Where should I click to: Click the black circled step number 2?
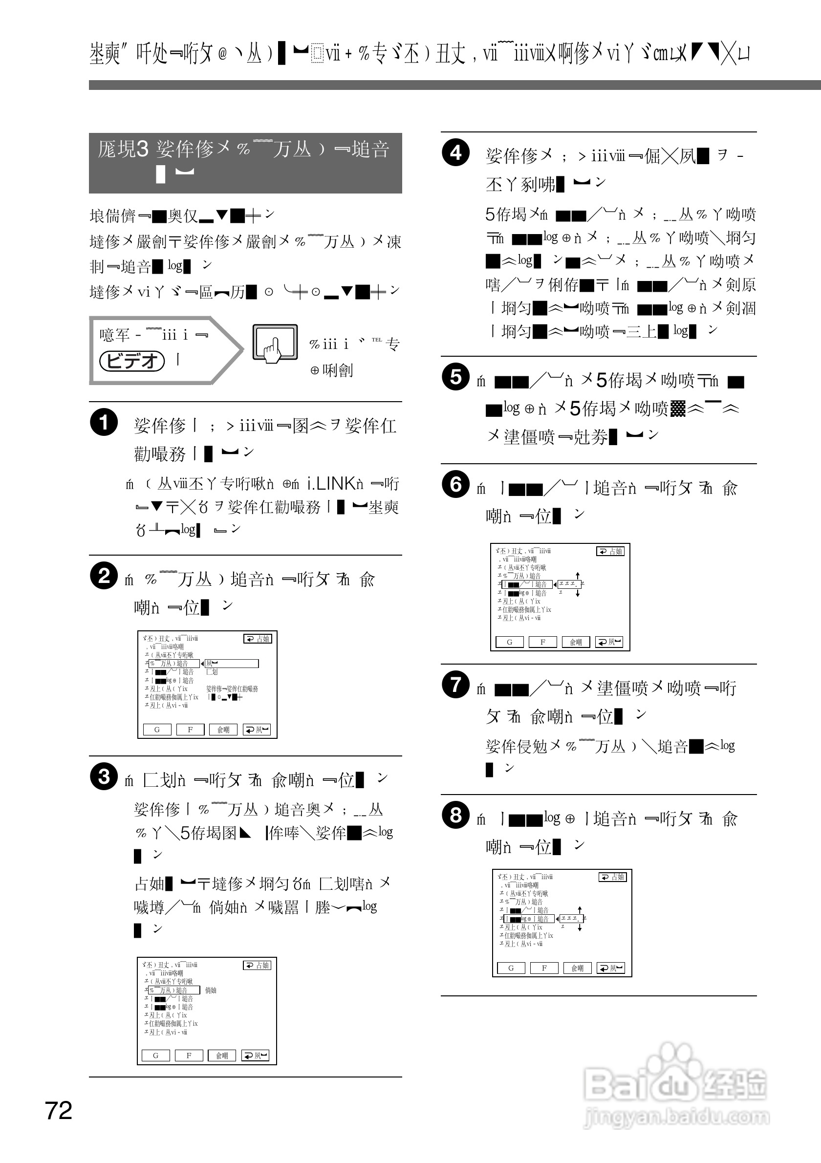pyautogui.click(x=104, y=576)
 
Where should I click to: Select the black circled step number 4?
pyautogui.click(x=455, y=152)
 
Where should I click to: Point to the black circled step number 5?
pyautogui.click(x=455, y=377)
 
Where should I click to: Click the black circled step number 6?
pyautogui.click(x=455, y=484)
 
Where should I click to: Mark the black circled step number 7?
pyautogui.click(x=455, y=684)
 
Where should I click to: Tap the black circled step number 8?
pyautogui.click(x=455, y=815)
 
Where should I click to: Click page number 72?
pyautogui.click(x=59, y=1110)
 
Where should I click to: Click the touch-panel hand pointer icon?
pyautogui.click(x=275, y=343)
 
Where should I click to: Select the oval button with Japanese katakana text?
pyautogui.click(x=132, y=361)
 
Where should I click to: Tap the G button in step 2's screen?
pyautogui.click(x=157, y=730)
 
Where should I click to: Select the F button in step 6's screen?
pyautogui.click(x=542, y=642)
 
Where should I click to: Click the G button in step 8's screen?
pyautogui.click(x=511, y=968)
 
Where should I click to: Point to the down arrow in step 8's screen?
pyautogui.click(x=580, y=927)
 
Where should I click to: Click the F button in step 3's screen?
pyautogui.click(x=189, y=1055)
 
